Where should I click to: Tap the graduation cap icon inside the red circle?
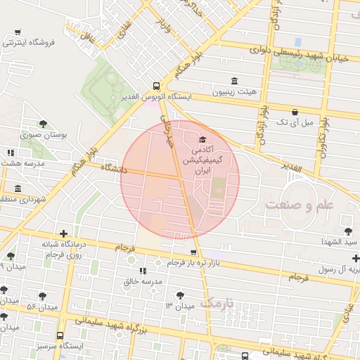pos(203,139)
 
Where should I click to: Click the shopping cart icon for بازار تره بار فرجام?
pos(193,250)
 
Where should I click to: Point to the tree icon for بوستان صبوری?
pos(43,123)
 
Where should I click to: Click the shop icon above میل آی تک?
pos(294,111)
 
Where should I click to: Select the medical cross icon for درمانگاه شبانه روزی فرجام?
pos(63,233)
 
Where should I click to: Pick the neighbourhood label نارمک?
pos(216,302)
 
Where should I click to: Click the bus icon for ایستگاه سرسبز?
pos(60,335)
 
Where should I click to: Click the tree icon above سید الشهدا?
pos(348,231)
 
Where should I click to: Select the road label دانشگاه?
pos(113,169)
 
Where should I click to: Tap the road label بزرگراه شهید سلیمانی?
pos(117,326)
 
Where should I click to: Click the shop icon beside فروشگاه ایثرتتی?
pos(18,32)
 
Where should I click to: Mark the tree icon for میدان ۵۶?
pos(42,296)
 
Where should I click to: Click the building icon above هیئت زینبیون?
pos(234,81)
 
